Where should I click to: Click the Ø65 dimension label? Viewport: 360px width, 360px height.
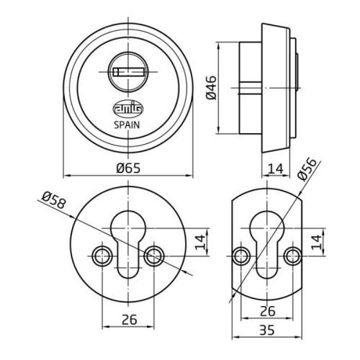click(128, 168)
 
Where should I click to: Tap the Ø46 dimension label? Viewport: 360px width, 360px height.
click(212, 88)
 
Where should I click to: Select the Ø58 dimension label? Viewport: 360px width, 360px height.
click(53, 201)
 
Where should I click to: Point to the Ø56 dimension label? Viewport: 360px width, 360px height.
click(307, 169)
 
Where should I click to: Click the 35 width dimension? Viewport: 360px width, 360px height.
click(266, 330)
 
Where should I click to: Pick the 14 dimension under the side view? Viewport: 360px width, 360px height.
click(276, 168)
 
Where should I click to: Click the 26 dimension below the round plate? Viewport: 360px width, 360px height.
click(130, 319)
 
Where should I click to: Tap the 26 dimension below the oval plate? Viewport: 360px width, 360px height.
click(268, 311)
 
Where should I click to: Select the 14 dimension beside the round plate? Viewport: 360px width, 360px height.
click(200, 242)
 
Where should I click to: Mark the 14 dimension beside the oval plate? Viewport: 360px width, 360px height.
click(316, 242)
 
